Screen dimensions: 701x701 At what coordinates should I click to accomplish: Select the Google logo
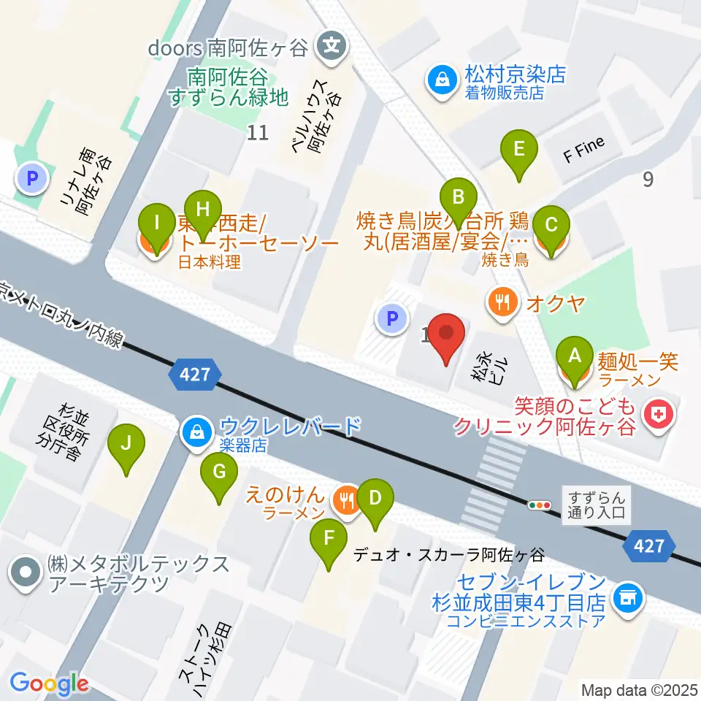(49, 684)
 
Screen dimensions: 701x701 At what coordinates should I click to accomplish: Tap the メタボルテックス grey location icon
(26, 574)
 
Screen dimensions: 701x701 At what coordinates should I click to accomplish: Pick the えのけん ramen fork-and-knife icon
(345, 499)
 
